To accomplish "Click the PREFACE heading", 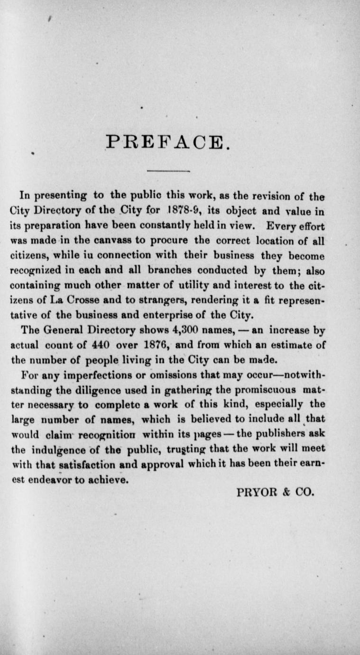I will point(168,141).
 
